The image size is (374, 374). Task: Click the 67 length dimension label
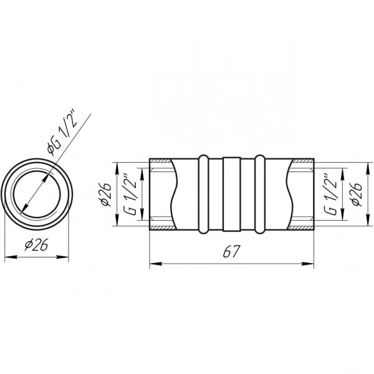point(231,251)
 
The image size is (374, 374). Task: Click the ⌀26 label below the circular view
point(37,244)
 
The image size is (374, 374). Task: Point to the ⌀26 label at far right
point(357,194)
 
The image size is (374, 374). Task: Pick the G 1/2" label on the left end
point(131,194)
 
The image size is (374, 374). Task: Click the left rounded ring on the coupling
point(203,194)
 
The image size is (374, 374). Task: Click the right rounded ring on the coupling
point(260,194)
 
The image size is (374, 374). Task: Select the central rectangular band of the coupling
point(231,194)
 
